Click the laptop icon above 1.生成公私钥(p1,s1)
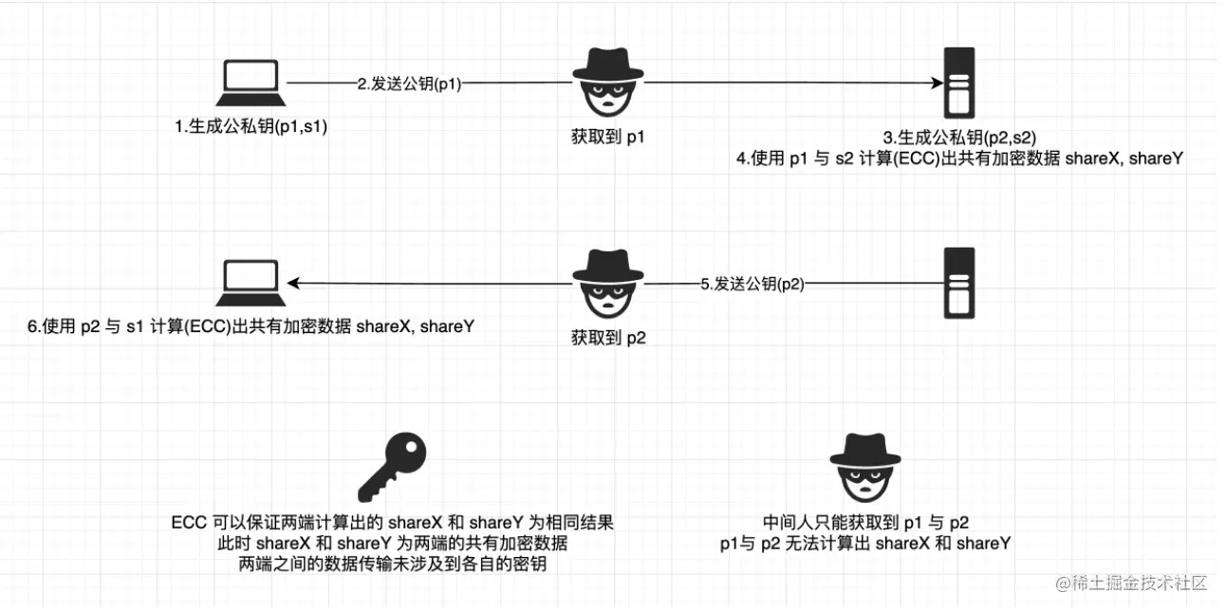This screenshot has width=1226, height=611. click(x=250, y=83)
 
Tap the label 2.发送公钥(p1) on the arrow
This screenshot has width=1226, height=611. click(x=409, y=83)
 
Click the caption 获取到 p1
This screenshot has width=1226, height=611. click(x=607, y=138)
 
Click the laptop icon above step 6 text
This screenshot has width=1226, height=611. click(x=250, y=282)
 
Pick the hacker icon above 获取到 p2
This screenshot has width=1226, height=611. click(x=608, y=282)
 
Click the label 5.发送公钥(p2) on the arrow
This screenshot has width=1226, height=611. click(x=752, y=283)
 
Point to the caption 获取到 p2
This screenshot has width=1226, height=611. click(x=607, y=337)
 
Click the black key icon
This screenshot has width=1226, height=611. click(x=391, y=467)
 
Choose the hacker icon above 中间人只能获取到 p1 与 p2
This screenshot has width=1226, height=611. click(x=865, y=467)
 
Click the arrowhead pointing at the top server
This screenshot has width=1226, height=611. click(x=934, y=83)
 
